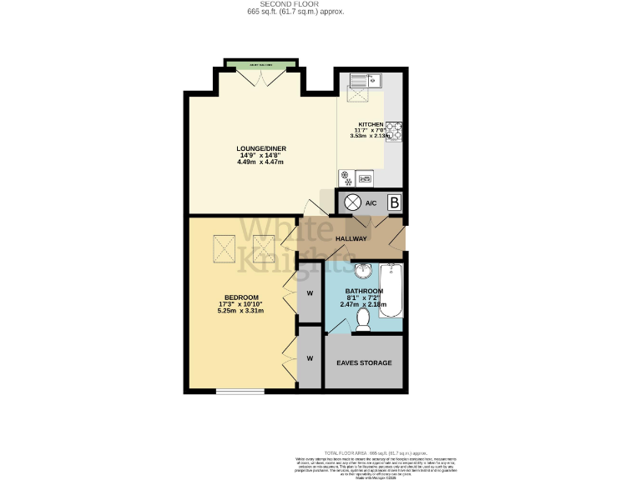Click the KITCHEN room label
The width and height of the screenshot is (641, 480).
[371, 124]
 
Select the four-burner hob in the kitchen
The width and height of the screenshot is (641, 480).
[394, 131]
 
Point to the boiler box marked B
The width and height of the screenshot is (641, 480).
[394, 202]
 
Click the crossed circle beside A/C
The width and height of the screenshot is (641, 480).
[352, 202]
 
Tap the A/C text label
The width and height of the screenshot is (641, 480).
[371, 203]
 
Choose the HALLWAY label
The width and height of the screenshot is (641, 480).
[351, 239]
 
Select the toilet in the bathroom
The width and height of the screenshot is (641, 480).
[364, 319]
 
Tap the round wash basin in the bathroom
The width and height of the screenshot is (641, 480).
[363, 272]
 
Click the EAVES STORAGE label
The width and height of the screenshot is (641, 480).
[364, 363]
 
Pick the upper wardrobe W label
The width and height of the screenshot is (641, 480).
[310, 293]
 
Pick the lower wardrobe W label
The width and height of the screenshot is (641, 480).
[310, 358]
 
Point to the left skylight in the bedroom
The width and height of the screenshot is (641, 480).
[225, 247]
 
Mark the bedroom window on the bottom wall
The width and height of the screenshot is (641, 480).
[240, 391]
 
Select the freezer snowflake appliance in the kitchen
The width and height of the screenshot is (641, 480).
[345, 177]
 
